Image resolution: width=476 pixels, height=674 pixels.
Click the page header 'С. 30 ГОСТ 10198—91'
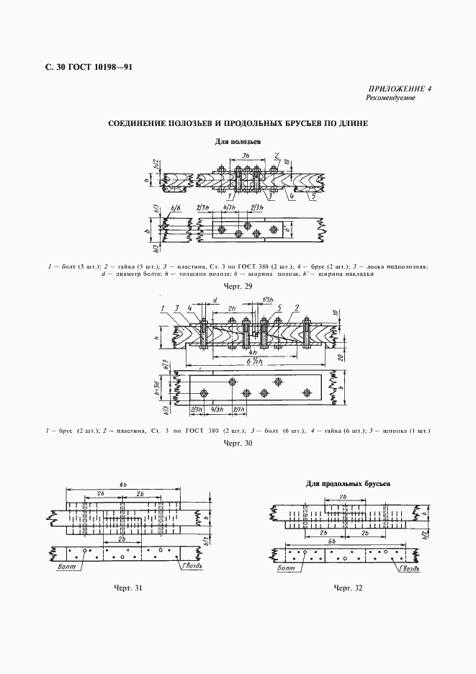[88, 68]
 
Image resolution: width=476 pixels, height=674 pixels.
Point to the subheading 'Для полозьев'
[238, 142]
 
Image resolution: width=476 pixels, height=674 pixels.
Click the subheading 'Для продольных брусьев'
[346, 484]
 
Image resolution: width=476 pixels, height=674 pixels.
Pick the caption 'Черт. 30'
[238, 443]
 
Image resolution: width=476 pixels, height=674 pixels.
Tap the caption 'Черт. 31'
[127, 588]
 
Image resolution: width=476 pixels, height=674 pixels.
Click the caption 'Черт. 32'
[348, 588]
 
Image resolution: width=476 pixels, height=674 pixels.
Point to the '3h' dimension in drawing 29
[246, 156]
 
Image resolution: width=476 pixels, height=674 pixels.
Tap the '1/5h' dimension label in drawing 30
[268, 299]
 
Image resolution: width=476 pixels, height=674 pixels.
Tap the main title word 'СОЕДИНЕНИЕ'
[142, 123]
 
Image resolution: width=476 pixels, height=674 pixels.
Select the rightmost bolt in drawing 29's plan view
[273, 228]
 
